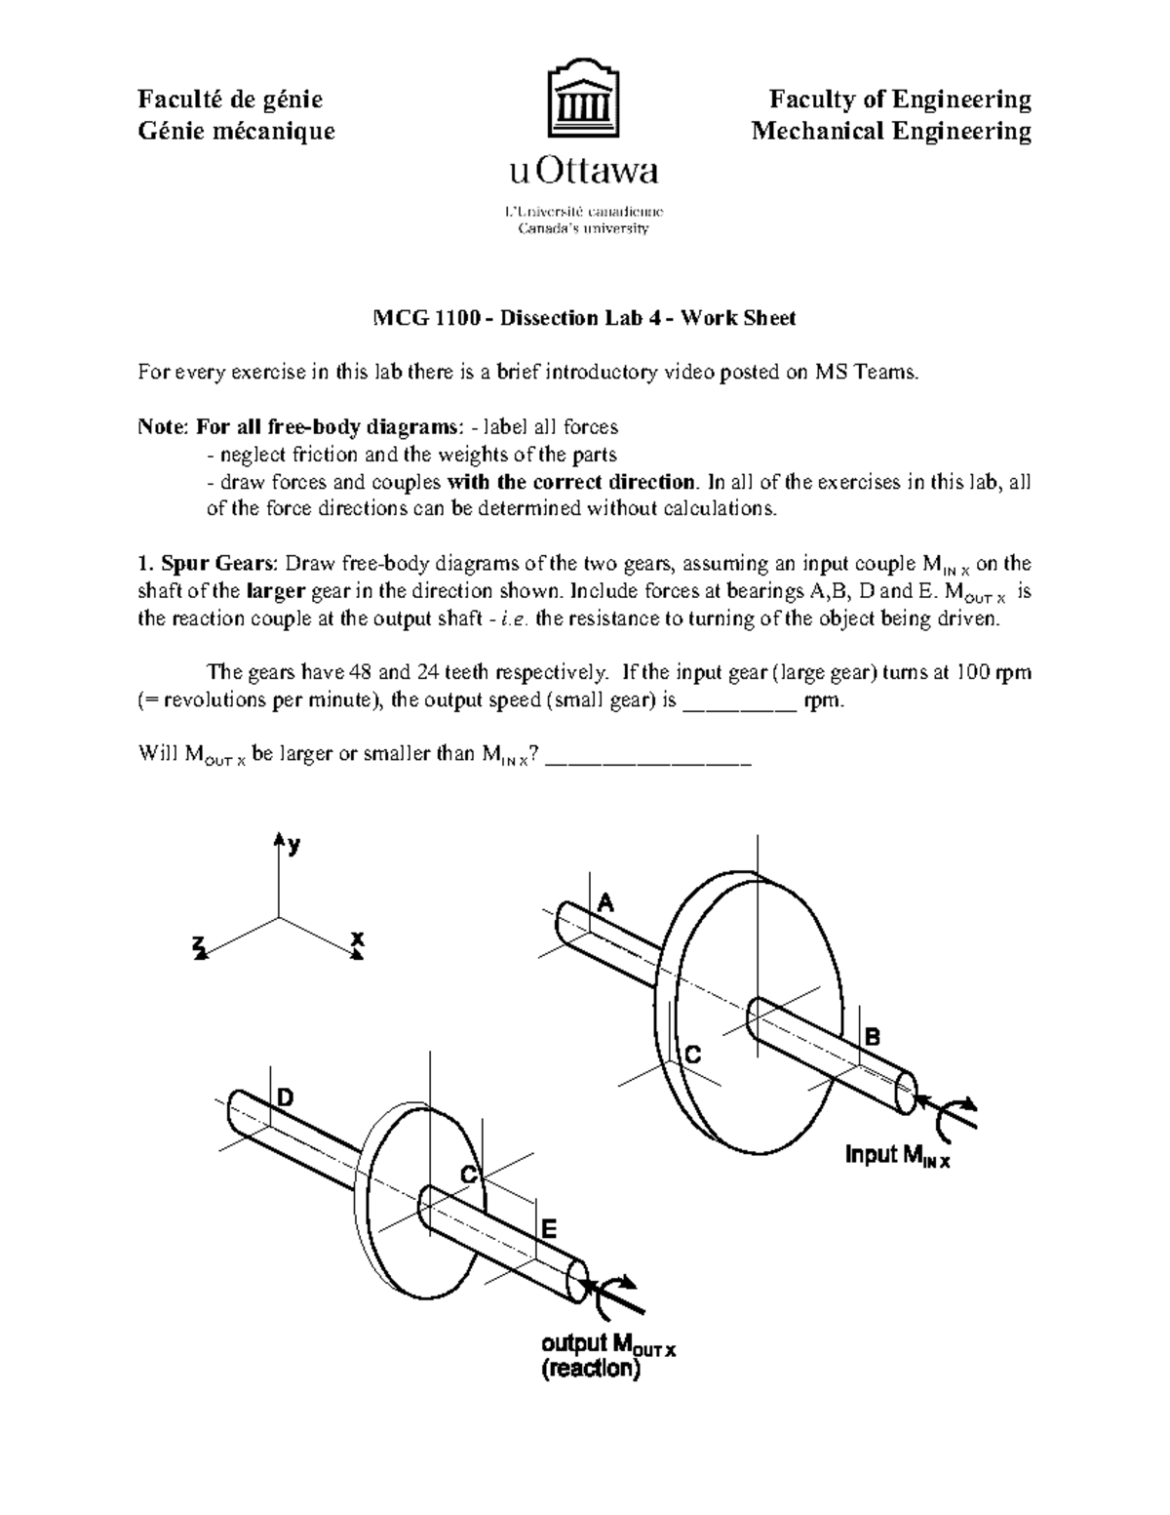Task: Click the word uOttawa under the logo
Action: click(x=583, y=173)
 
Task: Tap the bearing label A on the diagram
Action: click(x=605, y=902)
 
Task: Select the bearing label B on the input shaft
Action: click(x=873, y=1037)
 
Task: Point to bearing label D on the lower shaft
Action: click(x=284, y=1098)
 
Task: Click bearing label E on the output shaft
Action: click(x=549, y=1228)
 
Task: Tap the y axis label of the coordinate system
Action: click(x=292, y=847)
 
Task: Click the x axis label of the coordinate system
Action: click(x=358, y=938)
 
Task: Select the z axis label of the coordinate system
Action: click(x=199, y=944)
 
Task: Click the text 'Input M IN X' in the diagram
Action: click(x=897, y=1156)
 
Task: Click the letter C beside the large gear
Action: click(x=693, y=1055)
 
